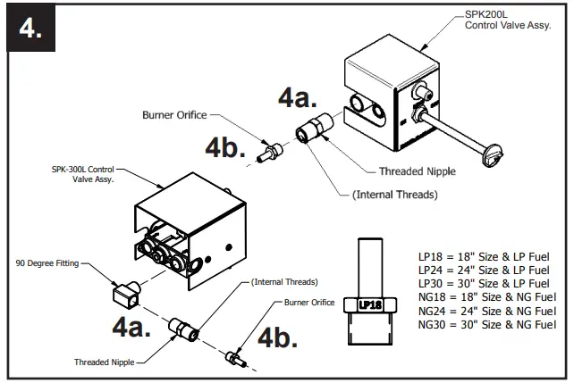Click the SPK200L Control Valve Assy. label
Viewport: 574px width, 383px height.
point(507,21)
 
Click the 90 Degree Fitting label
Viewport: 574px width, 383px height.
point(46,263)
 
